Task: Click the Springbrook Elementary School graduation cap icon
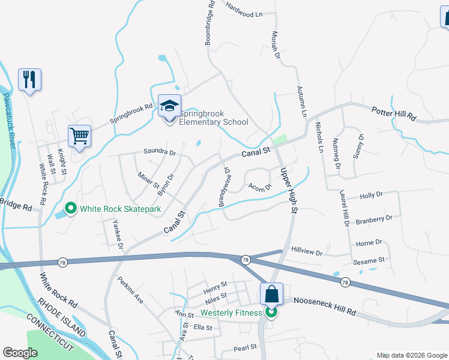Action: [169, 107]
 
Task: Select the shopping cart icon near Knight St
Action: [79, 136]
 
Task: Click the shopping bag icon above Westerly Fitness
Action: [271, 295]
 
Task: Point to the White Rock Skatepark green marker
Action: [71, 209]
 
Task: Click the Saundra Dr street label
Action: [159, 152]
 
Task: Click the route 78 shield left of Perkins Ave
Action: [62, 262]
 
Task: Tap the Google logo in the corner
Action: [20, 353]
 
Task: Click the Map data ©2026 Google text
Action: [412, 355]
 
